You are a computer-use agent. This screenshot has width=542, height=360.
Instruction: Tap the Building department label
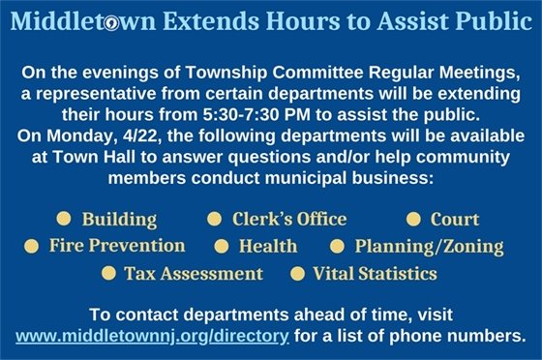click(x=119, y=220)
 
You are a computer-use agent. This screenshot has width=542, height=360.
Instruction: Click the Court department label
click(x=454, y=220)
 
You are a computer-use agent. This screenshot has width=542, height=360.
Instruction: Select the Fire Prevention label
click(x=117, y=246)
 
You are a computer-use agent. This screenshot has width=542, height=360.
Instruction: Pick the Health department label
click(x=267, y=247)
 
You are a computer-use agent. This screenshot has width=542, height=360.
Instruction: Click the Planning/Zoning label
click(x=428, y=247)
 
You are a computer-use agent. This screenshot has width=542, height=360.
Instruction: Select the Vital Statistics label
click(x=374, y=274)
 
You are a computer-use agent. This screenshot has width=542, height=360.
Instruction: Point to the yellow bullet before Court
click(x=412, y=219)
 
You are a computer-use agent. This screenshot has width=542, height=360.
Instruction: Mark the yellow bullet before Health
click(x=220, y=246)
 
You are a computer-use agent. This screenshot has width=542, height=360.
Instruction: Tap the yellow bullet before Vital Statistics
click(x=297, y=273)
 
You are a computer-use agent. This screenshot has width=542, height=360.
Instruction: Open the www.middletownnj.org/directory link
click(x=153, y=337)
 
